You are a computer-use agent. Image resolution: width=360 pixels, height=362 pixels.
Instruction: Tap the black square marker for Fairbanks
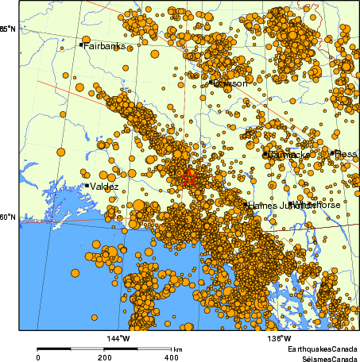81,44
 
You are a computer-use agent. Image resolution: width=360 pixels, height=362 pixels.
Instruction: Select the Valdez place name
105,187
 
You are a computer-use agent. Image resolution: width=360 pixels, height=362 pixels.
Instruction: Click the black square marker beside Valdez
87,186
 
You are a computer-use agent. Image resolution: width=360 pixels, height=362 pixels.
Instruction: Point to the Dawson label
231,83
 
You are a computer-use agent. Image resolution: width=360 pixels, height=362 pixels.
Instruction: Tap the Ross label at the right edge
346,154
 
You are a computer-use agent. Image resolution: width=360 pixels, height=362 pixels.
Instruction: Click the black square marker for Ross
332,153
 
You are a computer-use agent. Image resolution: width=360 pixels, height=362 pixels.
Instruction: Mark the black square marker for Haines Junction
245,204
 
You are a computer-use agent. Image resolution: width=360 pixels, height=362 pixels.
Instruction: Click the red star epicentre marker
188,177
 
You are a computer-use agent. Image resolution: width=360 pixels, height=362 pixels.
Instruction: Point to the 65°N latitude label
7,29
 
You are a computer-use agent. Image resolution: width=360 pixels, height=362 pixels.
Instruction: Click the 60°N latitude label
7,217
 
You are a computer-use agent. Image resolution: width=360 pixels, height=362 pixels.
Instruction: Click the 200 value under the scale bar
105,358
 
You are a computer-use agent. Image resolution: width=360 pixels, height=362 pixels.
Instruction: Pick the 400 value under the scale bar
171,358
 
